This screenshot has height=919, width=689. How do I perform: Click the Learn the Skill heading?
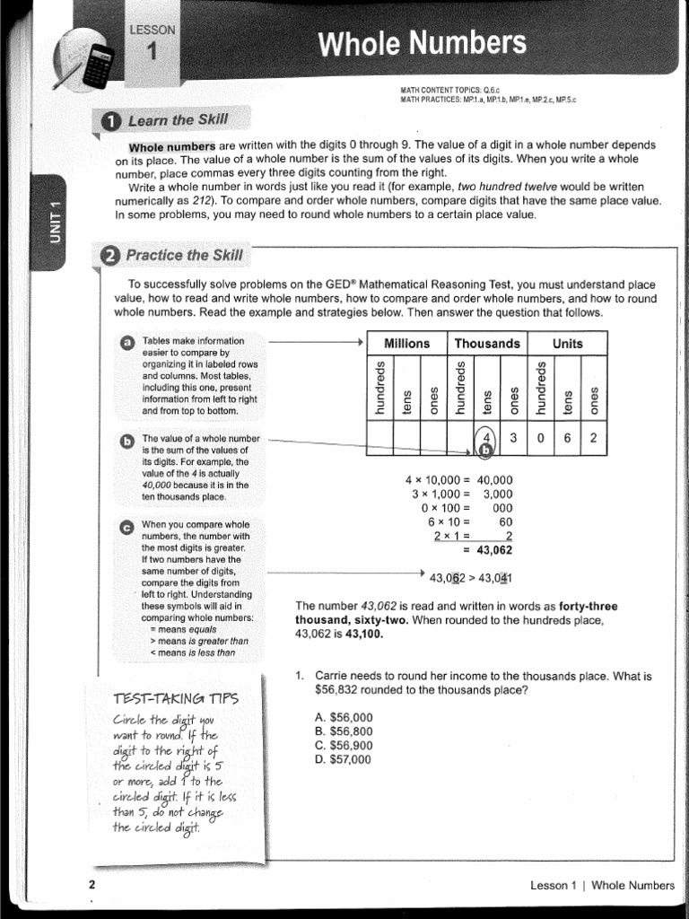167,120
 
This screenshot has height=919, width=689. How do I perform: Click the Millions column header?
406,344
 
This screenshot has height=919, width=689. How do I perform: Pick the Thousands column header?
487,344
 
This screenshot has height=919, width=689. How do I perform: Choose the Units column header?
567,344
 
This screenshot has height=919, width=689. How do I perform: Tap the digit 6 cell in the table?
567,438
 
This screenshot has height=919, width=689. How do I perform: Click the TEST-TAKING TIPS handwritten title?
176,698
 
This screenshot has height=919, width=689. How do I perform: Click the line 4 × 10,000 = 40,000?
458,480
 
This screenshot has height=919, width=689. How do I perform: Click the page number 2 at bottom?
92,886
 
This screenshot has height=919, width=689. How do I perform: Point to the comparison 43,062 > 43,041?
471,578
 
